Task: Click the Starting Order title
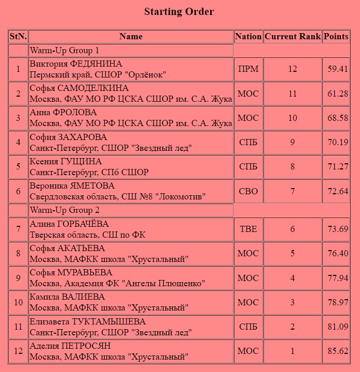[179, 12]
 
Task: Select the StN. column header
[18, 37]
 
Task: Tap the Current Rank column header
[292, 37]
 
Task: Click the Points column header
[336, 37]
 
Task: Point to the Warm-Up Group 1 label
[65, 51]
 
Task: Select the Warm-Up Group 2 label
[65, 211]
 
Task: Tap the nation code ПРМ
[248, 69]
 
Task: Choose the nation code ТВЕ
[248, 229]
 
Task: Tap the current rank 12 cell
[292, 69]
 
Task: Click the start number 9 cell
[18, 278]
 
